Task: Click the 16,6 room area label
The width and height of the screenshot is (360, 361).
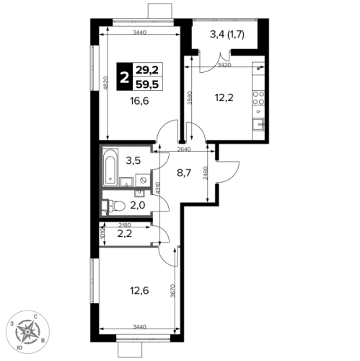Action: pyautogui.click(x=139, y=101)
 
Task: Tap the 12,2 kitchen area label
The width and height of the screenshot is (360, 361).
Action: pyautogui.click(x=224, y=97)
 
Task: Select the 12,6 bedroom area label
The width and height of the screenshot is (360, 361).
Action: pyautogui.click(x=139, y=291)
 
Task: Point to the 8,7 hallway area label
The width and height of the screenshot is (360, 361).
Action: pyautogui.click(x=184, y=173)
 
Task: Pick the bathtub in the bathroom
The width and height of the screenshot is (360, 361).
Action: pyautogui.click(x=110, y=168)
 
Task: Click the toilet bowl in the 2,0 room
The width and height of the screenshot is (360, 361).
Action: pyautogui.click(x=118, y=206)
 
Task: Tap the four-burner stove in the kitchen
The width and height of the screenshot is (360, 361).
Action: pyautogui.click(x=258, y=98)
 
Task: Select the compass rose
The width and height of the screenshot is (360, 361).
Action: pyautogui.click(x=27, y=332)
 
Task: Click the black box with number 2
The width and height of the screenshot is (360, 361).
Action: pyautogui.click(x=125, y=77)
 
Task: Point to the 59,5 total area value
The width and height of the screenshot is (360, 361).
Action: pyautogui.click(x=147, y=84)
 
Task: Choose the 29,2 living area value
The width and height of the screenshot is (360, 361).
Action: pyautogui.click(x=147, y=70)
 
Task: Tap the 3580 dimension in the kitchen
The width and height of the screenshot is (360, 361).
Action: pyautogui.click(x=190, y=97)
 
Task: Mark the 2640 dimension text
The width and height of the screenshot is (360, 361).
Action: pyautogui.click(x=184, y=149)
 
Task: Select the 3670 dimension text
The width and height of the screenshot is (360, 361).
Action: pyautogui.click(x=172, y=291)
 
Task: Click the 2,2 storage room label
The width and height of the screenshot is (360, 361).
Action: pyautogui.click(x=125, y=234)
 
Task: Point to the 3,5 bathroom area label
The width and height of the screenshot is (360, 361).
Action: pyautogui.click(x=133, y=160)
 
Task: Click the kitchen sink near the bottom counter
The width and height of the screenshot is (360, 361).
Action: pyautogui.click(x=258, y=124)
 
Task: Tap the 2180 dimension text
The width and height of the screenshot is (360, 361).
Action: pyautogui.click(x=125, y=225)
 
